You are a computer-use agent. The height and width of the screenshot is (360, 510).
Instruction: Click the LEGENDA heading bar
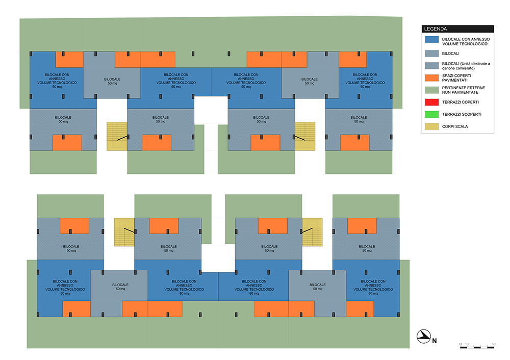click(x=457, y=29)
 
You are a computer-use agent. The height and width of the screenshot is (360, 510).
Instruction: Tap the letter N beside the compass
click(x=435, y=340)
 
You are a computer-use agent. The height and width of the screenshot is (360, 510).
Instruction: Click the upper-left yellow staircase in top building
click(x=117, y=136)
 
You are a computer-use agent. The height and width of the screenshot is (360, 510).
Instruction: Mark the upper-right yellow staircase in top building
click(x=305, y=136)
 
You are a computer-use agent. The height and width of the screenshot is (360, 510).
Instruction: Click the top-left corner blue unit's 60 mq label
click(x=57, y=87)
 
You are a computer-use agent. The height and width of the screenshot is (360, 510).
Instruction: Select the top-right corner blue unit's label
click(x=365, y=80)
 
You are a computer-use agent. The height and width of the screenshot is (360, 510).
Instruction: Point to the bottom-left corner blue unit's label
click(x=65, y=287)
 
